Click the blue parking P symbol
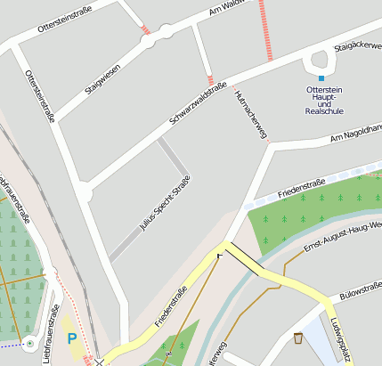coord(72,339)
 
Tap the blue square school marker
coord(321,78)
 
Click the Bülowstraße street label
coord(361,289)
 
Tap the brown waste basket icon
coord(297,338)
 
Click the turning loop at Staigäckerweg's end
coord(319,61)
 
